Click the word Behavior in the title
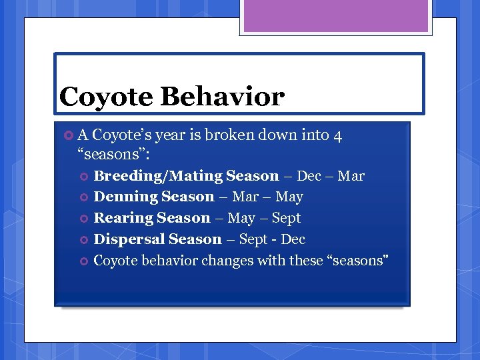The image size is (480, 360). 222,97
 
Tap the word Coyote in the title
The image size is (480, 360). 106,97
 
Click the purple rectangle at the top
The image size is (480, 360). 336,16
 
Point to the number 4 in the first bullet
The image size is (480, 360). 338,135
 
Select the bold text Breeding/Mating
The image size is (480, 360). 157,176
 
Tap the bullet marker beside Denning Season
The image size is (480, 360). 84,197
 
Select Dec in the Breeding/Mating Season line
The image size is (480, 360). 309,176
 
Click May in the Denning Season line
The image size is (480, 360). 289,197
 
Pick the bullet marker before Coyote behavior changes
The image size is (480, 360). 84,261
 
